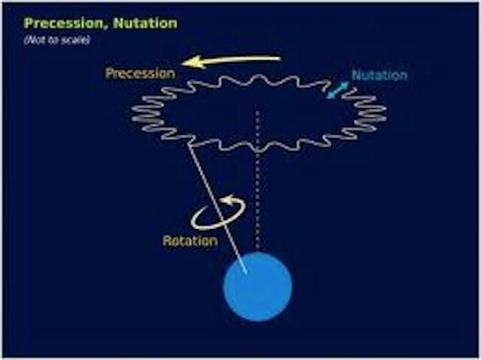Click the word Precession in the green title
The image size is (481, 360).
[x=65, y=23]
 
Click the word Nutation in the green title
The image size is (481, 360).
[x=145, y=23]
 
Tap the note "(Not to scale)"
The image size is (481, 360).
[x=57, y=40]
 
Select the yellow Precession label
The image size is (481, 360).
[x=141, y=74]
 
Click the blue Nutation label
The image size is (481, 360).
[x=380, y=75]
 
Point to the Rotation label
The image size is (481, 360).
[x=190, y=241]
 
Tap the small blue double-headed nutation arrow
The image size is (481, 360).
[x=337, y=90]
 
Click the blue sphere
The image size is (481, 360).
[x=258, y=286]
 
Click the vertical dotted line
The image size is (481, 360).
[x=258, y=180]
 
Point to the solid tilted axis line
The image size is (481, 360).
[x=218, y=208]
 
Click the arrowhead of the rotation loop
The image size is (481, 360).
[x=228, y=200]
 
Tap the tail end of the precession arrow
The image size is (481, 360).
[x=280, y=59]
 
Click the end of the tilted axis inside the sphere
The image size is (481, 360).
[x=247, y=273]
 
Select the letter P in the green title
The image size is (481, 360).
[x=29, y=23]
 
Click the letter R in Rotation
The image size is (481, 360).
[x=167, y=241]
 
